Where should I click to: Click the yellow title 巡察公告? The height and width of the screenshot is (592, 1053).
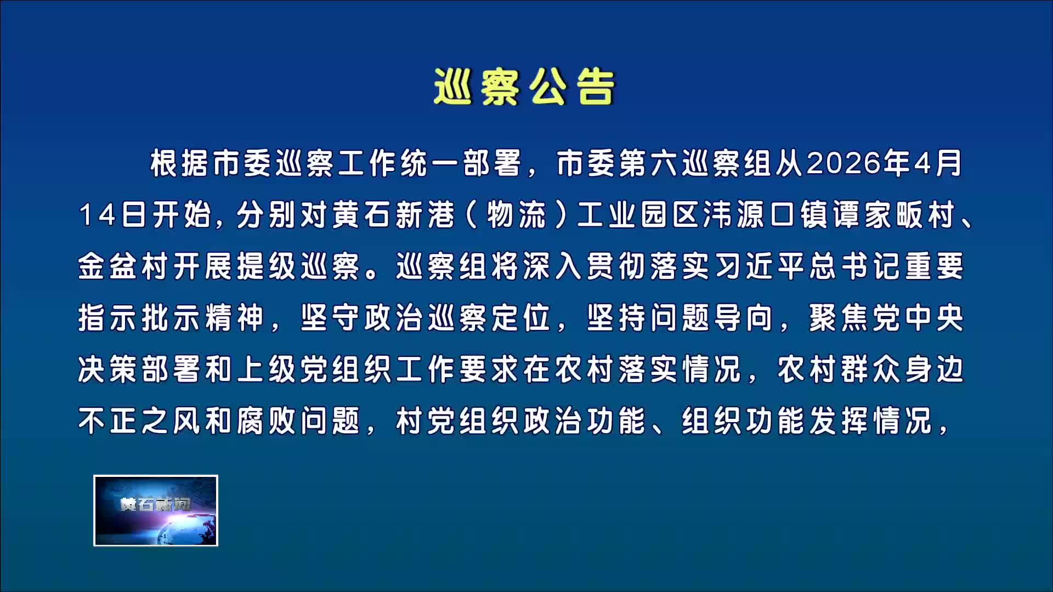[524, 87]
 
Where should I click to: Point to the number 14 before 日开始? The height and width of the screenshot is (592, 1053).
[98, 214]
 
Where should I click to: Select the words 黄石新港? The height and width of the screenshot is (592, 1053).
[394, 214]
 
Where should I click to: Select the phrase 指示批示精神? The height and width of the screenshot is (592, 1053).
[171, 318]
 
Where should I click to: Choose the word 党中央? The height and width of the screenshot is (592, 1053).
[918, 318]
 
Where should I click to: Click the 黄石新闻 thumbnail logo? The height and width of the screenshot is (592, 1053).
[156, 510]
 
